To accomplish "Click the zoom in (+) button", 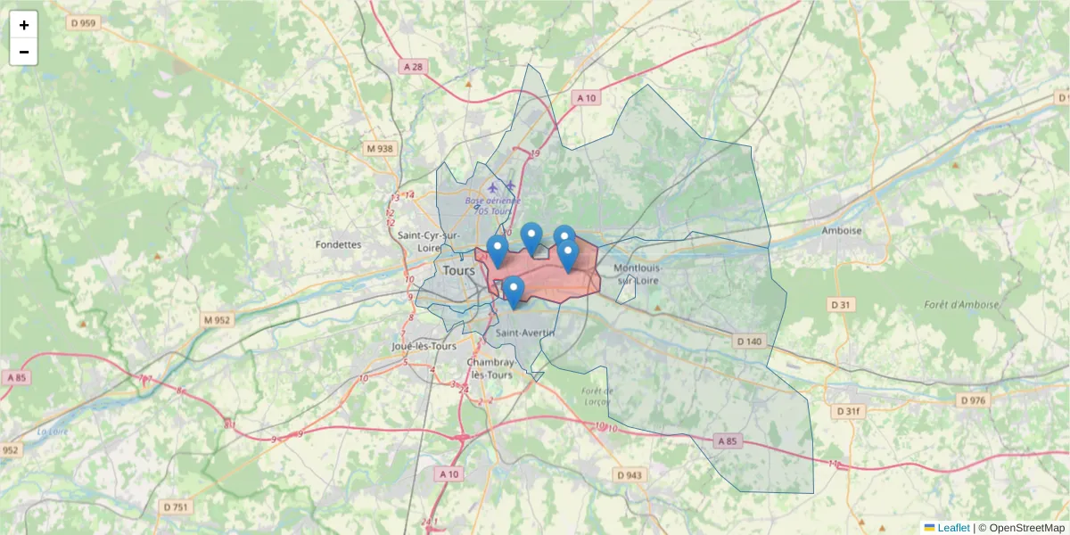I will click(x=24, y=25).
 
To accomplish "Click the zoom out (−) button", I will click(x=24, y=52).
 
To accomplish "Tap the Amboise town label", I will click(x=842, y=230).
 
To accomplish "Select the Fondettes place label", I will click(x=338, y=243).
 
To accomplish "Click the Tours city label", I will click(x=458, y=269).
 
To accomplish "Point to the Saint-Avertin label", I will click(x=525, y=333).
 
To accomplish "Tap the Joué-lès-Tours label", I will click(x=424, y=346).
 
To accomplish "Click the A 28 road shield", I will click(x=412, y=66).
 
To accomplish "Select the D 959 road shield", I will click(x=81, y=23).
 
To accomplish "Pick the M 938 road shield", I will click(x=379, y=149).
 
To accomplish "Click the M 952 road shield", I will click(x=217, y=319).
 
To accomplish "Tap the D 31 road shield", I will click(x=841, y=305).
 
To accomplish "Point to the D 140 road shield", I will click(x=750, y=342).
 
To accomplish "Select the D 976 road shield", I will click(x=974, y=400).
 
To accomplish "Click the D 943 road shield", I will click(x=629, y=475).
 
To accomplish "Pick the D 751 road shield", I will click(x=177, y=506).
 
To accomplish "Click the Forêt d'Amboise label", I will click(x=961, y=304).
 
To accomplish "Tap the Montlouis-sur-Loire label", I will click(x=637, y=273).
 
